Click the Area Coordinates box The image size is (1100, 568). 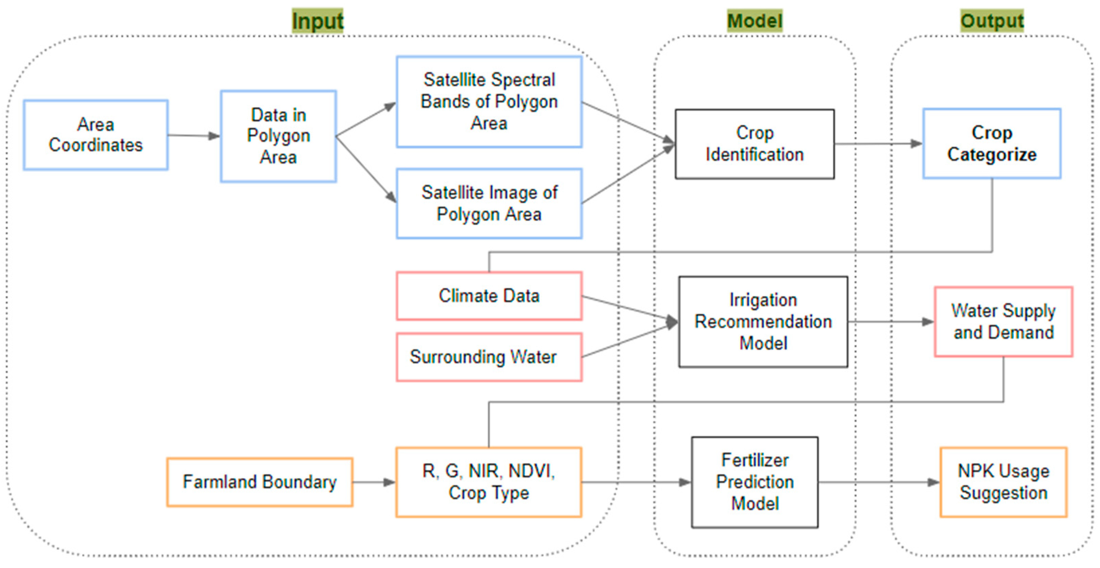coord(96,135)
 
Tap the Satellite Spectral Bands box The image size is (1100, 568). coord(489,102)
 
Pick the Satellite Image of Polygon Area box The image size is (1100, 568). coord(489,203)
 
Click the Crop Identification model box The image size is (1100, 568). coord(755,144)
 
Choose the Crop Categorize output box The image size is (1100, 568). coord(992,144)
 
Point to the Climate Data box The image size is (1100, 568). coord(489,296)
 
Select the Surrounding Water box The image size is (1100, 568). coord(489,357)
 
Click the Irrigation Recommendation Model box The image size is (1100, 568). coord(763,322)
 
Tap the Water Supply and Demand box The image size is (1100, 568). coord(1004,322)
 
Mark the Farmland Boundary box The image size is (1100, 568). coord(259,482)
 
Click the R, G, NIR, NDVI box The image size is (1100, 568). coord(489,482)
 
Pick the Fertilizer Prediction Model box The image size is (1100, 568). coord(755,482)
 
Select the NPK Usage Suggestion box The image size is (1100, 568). coord(1004,482)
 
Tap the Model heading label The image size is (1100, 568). coord(755,20)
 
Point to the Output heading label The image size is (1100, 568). coord(992,20)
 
